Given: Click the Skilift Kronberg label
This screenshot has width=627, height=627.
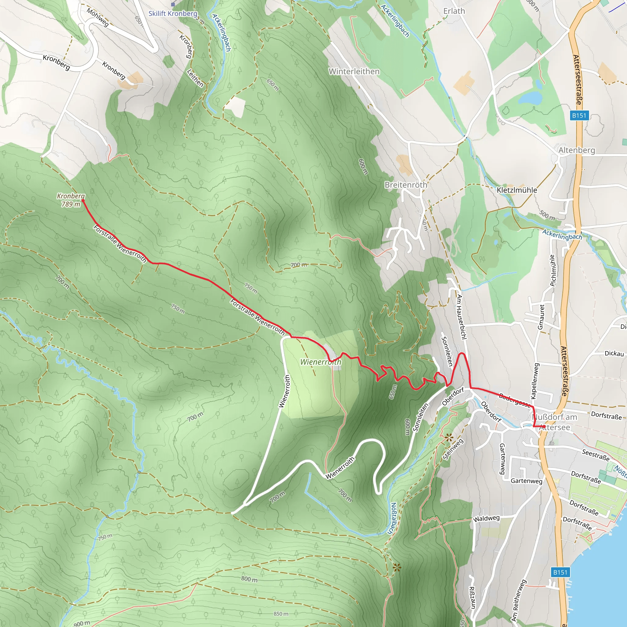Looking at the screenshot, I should point(173,14).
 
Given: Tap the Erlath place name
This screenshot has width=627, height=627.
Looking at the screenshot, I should point(454,11).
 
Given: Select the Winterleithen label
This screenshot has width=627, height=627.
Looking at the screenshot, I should point(354,71).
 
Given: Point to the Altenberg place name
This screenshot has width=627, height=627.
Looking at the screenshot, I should point(577,150).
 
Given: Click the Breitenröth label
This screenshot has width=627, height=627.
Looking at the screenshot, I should point(406,185).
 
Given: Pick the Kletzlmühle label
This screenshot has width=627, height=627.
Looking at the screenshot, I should point(517,190).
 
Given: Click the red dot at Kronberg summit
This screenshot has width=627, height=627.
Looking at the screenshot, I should point(83,201).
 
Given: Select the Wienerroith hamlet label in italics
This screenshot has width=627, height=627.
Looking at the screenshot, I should point(321,362).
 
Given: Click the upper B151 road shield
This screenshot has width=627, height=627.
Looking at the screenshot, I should point(579,115).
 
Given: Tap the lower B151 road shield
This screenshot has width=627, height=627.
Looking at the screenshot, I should point(560,572).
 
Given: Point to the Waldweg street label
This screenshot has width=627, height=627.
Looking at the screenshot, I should point(486,518).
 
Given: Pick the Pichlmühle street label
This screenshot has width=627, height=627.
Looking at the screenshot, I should point(553,270).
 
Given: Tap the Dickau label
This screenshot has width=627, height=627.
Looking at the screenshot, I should point(614,353).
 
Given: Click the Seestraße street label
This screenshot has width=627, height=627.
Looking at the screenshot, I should point(595,455).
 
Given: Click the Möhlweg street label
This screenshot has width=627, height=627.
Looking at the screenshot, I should point(98,17).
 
